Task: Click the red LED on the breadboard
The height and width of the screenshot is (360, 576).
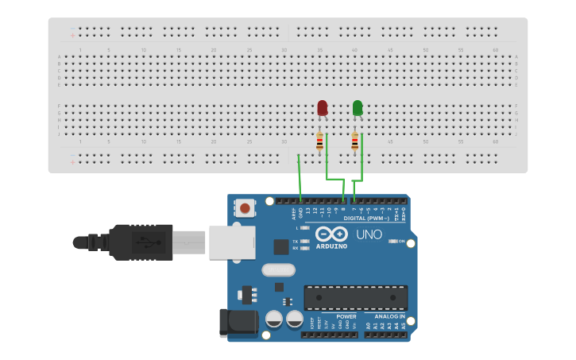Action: (x=322, y=107)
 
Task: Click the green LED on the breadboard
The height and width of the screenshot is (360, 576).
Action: (x=358, y=107)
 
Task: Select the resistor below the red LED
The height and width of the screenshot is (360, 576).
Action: (x=319, y=142)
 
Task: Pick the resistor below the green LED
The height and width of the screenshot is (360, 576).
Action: (x=354, y=142)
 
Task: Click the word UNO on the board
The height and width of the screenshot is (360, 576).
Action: (x=369, y=234)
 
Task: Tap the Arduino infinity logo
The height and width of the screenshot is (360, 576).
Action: (x=331, y=234)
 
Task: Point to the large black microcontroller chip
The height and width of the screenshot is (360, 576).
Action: (x=355, y=297)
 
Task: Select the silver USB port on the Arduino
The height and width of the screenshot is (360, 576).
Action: (x=232, y=242)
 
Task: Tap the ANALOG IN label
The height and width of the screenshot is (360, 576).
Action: (x=390, y=316)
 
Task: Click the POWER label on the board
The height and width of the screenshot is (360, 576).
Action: (x=346, y=316)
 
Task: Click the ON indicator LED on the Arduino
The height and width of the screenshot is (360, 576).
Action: (x=393, y=241)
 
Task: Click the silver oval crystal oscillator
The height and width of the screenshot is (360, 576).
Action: (x=278, y=269)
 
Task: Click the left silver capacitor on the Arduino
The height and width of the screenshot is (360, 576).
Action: (x=274, y=319)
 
